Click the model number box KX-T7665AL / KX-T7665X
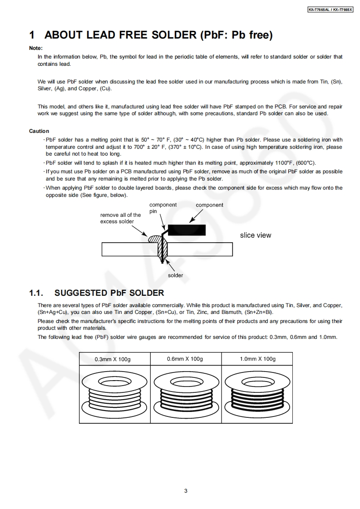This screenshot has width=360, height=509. [330, 9]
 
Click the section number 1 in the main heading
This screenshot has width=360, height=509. [32, 35]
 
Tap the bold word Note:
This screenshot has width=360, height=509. [36, 48]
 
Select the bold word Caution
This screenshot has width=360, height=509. [39, 131]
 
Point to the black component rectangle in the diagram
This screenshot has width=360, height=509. [186, 230]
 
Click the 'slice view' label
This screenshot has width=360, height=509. [256, 235]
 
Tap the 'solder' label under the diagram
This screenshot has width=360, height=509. [175, 275]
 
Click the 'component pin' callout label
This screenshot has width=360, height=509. [163, 208]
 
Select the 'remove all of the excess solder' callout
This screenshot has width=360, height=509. [120, 218]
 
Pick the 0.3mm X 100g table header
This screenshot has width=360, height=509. [112, 359]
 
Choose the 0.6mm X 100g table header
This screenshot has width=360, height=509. [185, 359]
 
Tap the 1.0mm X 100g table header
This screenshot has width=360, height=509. [257, 359]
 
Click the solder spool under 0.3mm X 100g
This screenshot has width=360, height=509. [114, 392]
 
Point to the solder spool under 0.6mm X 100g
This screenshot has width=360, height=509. [185, 392]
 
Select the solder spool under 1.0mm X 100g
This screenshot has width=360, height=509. [257, 392]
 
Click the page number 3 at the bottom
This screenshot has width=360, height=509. [186, 490]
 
